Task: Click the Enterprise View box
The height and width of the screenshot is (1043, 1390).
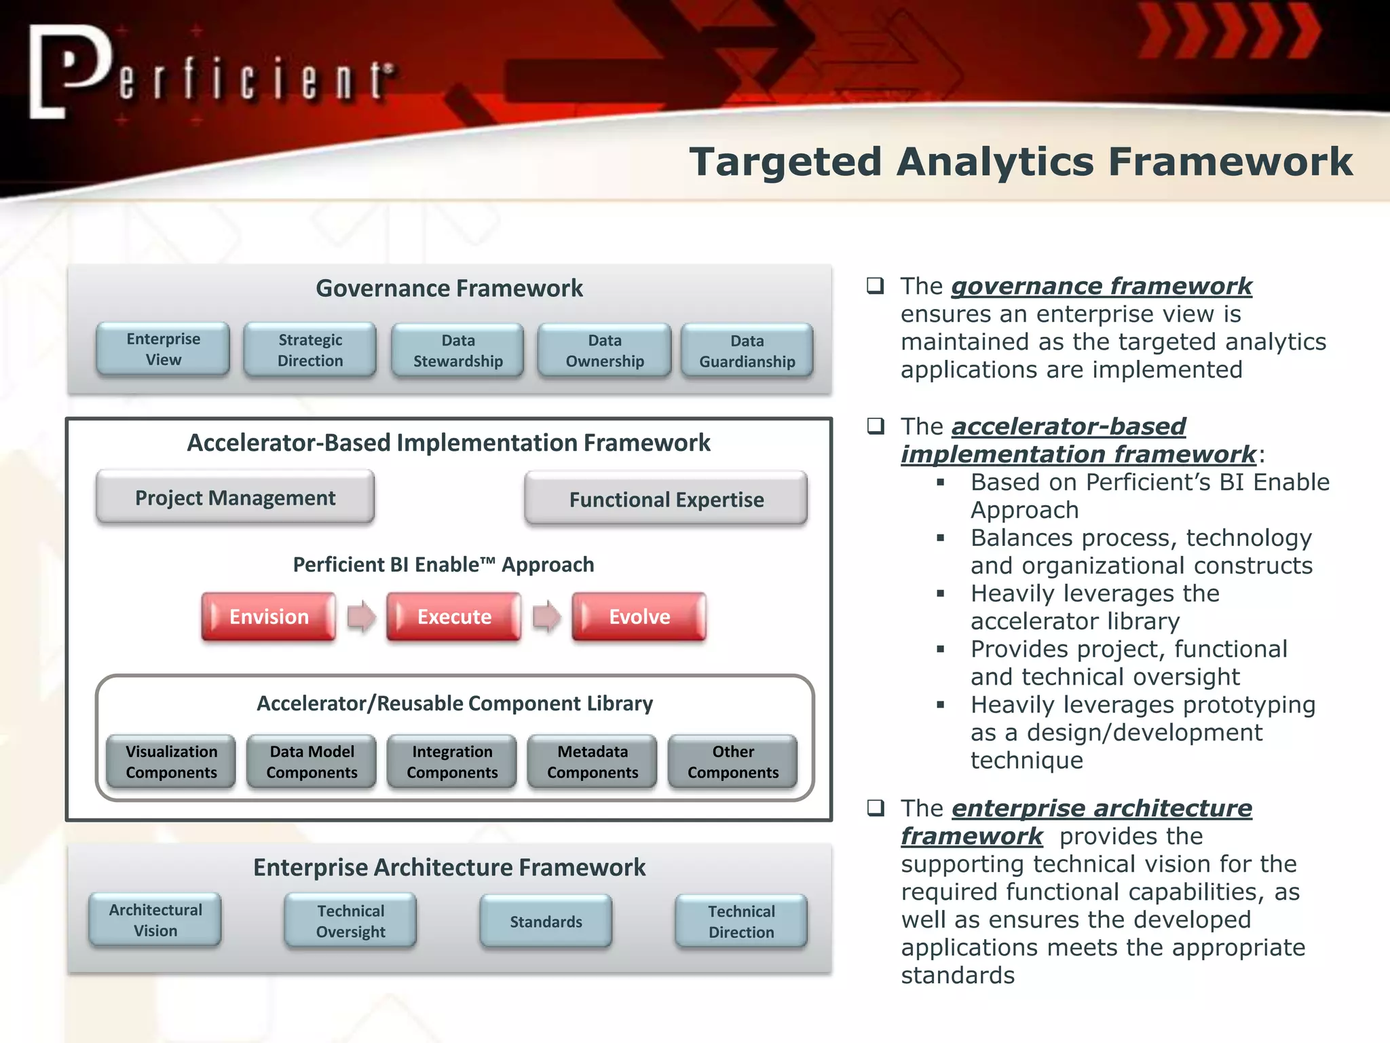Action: pyautogui.click(x=163, y=349)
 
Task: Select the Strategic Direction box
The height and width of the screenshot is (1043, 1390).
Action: pyautogui.click(x=310, y=350)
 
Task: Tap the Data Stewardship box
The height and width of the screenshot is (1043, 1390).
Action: pyautogui.click(x=458, y=350)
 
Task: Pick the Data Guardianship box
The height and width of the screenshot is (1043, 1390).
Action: pyautogui.click(x=747, y=351)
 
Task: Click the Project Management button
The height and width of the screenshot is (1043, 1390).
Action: pyautogui.click(x=235, y=498)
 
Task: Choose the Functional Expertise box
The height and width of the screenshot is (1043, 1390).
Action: pyautogui.click(x=666, y=500)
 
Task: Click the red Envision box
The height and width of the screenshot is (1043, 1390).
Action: pyautogui.click(x=269, y=617)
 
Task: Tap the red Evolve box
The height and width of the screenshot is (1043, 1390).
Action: pyautogui.click(x=639, y=617)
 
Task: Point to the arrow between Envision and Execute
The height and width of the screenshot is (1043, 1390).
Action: pyautogui.click(x=361, y=617)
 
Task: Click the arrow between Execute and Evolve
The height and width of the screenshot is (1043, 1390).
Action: pyautogui.click(x=546, y=617)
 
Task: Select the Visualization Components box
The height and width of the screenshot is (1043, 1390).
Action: pyautogui.click(x=171, y=762)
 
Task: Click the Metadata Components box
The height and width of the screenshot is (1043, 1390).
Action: pyautogui.click(x=593, y=762)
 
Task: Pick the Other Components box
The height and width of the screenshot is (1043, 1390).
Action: pyautogui.click(x=733, y=762)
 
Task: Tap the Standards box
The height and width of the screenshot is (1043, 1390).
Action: pyautogui.click(x=546, y=921)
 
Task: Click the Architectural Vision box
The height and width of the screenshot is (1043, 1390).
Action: pyautogui.click(x=155, y=920)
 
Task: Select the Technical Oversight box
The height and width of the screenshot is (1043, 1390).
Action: pyautogui.click(x=350, y=921)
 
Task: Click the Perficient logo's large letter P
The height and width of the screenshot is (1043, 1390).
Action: pyautogui.click(x=68, y=71)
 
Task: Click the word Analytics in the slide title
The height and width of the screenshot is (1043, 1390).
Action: pyautogui.click(x=995, y=162)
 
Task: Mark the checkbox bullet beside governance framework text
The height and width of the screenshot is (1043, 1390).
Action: pyautogui.click(x=876, y=285)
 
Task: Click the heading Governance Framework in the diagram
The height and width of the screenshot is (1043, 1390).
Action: pyautogui.click(x=449, y=289)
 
